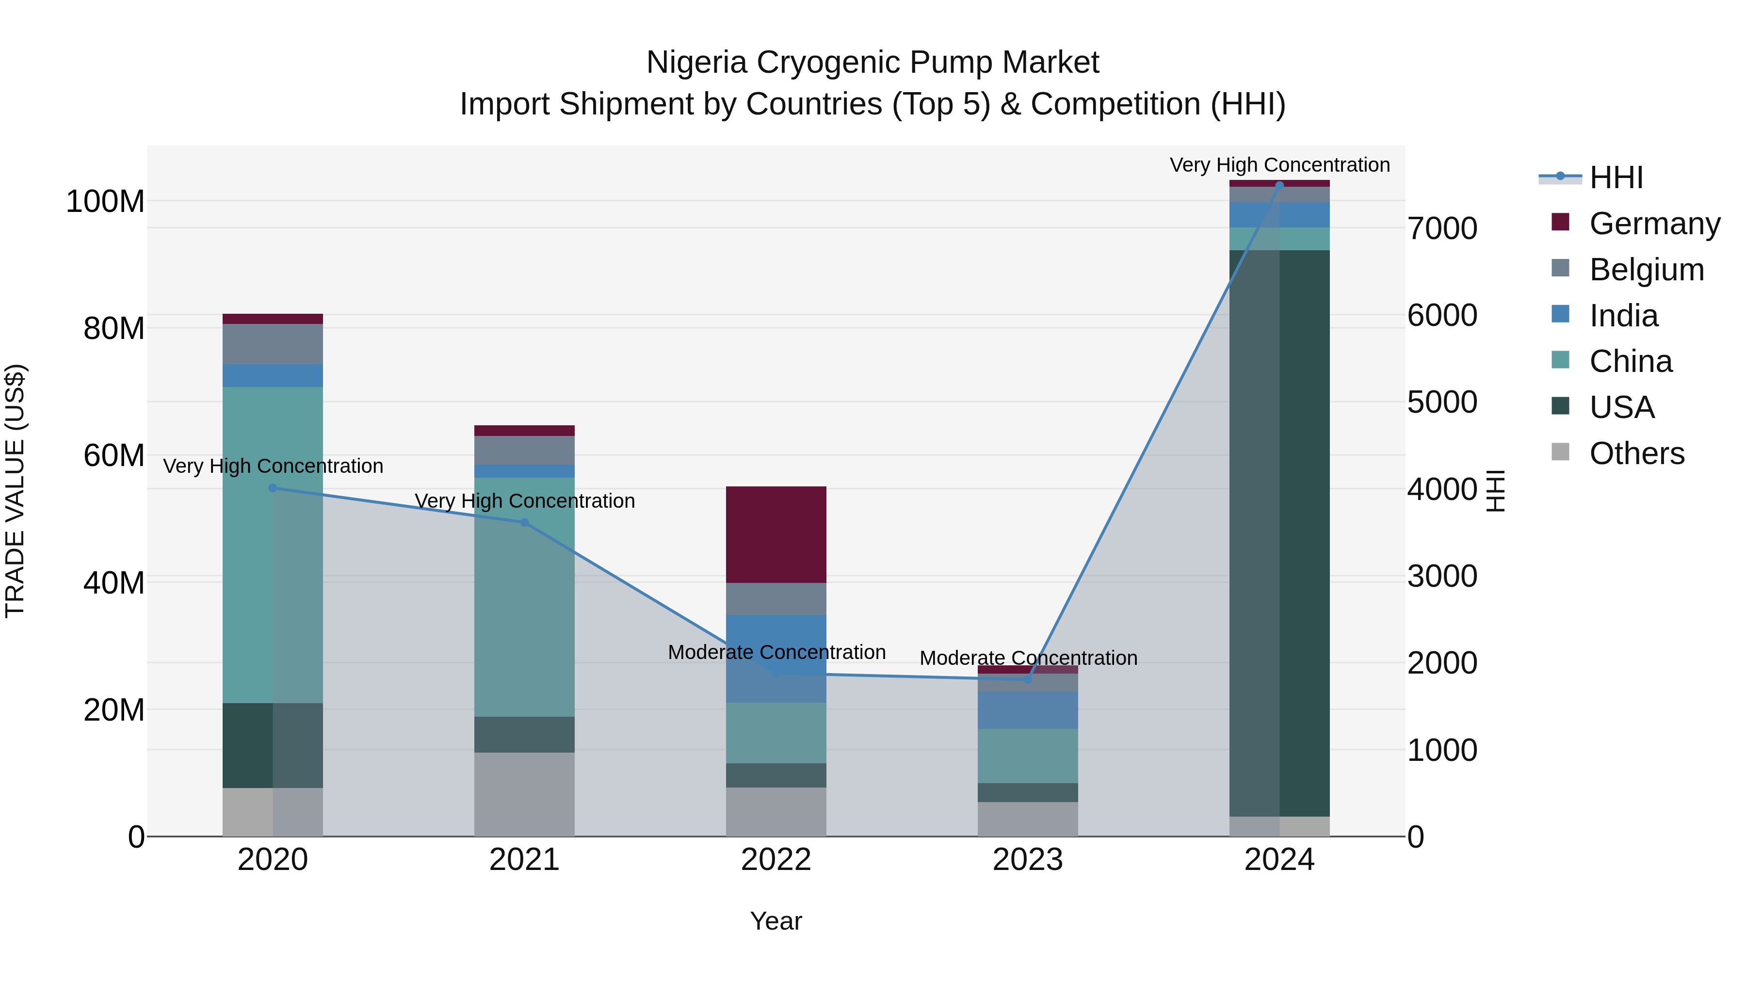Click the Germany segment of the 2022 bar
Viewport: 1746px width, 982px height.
(x=776, y=534)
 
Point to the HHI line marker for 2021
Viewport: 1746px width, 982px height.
(x=524, y=522)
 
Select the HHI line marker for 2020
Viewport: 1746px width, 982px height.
(x=273, y=488)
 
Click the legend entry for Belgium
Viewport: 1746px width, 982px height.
(x=1646, y=270)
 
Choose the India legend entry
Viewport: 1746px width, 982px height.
(x=1623, y=316)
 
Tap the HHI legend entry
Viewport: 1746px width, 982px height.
(x=1616, y=177)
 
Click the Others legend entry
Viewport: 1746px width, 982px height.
(x=1636, y=453)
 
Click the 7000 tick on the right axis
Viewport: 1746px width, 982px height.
(x=1442, y=228)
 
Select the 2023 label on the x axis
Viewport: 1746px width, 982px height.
(x=1028, y=860)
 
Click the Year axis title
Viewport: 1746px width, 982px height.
(x=776, y=921)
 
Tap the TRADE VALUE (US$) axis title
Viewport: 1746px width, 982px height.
(x=15, y=491)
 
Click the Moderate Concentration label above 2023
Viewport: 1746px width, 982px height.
(x=1028, y=658)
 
